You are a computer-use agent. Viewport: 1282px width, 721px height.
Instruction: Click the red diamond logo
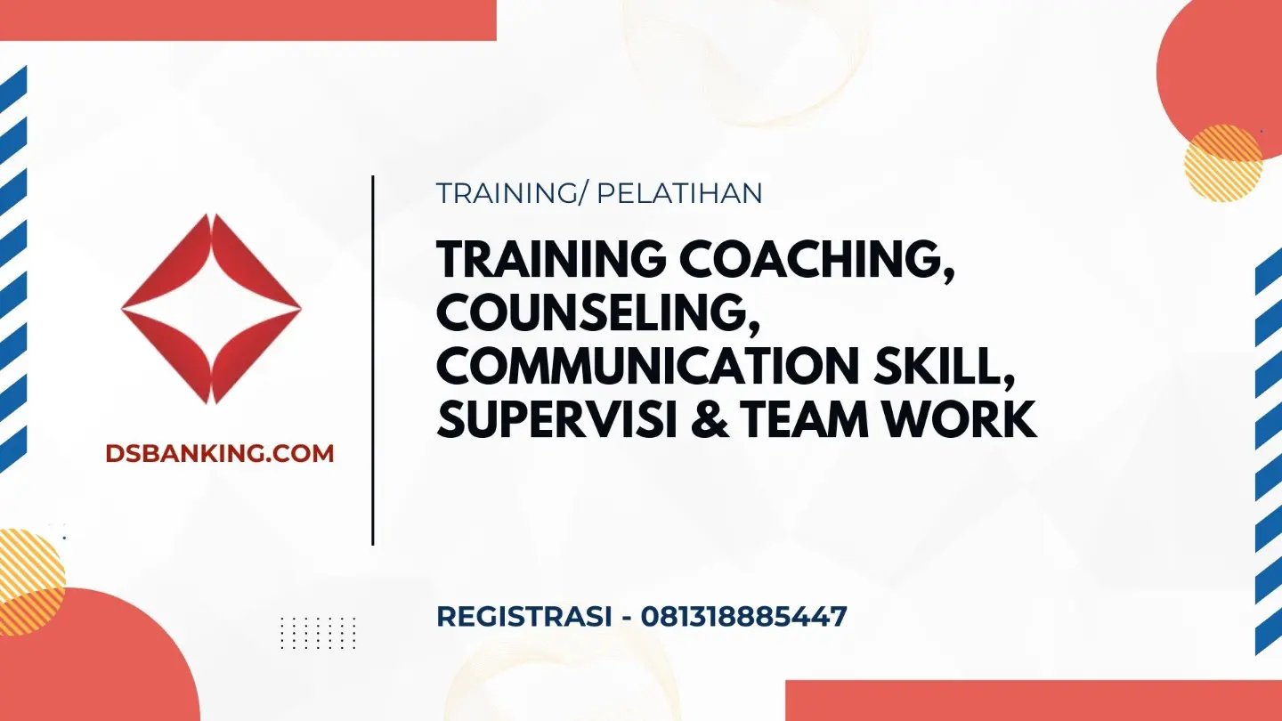(211, 309)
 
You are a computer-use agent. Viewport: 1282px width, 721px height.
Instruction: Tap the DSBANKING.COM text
(220, 454)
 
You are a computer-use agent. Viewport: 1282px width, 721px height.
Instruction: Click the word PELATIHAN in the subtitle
(679, 193)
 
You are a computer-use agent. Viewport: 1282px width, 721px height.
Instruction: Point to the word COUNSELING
(598, 314)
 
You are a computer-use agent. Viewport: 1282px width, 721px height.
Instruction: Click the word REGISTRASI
(524, 616)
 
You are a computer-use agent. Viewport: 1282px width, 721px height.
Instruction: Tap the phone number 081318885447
(743, 616)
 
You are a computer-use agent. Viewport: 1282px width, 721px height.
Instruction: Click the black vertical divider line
(372, 360)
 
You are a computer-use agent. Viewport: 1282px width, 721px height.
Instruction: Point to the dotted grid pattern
(318, 633)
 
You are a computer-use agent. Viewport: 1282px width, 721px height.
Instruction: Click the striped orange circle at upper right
(1223, 163)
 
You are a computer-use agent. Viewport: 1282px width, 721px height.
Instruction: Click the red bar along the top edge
(247, 20)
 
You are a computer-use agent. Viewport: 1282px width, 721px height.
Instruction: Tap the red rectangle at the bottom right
(1034, 701)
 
